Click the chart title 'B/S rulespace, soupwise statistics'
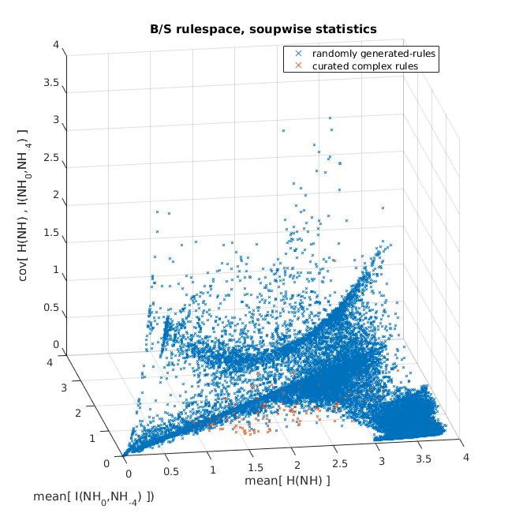pos(263,29)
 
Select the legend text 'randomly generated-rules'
pos(374,54)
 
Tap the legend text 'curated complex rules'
pos(365,66)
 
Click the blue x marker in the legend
pos(298,54)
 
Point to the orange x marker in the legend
pos(298,66)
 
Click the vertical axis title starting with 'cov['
pos(23,205)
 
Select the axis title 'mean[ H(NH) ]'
pos(287,481)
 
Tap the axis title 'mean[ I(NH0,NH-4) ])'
pos(94,498)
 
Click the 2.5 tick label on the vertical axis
pos(51,158)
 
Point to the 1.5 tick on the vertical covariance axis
pos(51,233)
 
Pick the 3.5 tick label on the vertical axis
pos(51,82)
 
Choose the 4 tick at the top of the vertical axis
pos(56,44)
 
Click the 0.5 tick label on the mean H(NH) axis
pos(171,472)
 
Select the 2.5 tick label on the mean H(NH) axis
pos(340,463)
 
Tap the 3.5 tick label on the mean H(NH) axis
pos(424,459)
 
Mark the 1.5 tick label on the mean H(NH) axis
pos(256,467)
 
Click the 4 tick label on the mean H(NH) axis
pos(466,457)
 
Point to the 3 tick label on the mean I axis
pos(64,388)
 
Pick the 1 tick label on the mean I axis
pos(92,438)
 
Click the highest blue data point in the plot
pos(330,118)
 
